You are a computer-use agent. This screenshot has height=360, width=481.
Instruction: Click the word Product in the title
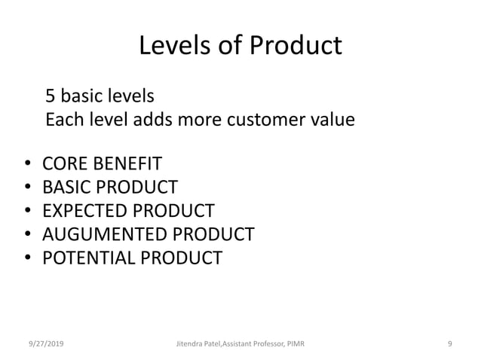(297, 46)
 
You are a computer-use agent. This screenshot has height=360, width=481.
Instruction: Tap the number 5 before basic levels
(51, 96)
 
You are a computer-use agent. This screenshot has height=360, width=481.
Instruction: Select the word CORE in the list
(63, 163)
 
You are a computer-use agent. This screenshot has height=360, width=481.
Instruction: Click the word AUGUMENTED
(103, 234)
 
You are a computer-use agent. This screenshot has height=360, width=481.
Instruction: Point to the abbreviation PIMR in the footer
(294, 343)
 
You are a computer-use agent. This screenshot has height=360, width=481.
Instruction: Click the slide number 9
(449, 343)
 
